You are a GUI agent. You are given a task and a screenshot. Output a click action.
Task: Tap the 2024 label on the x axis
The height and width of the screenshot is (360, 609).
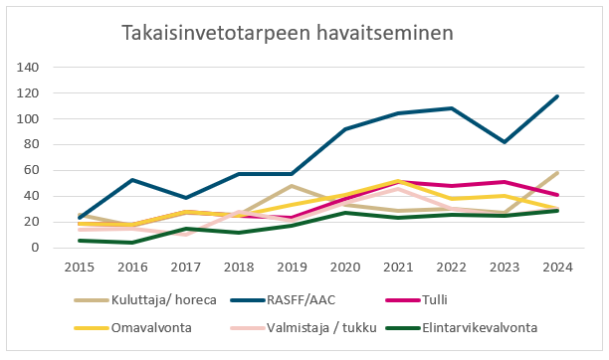[x=556, y=267]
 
